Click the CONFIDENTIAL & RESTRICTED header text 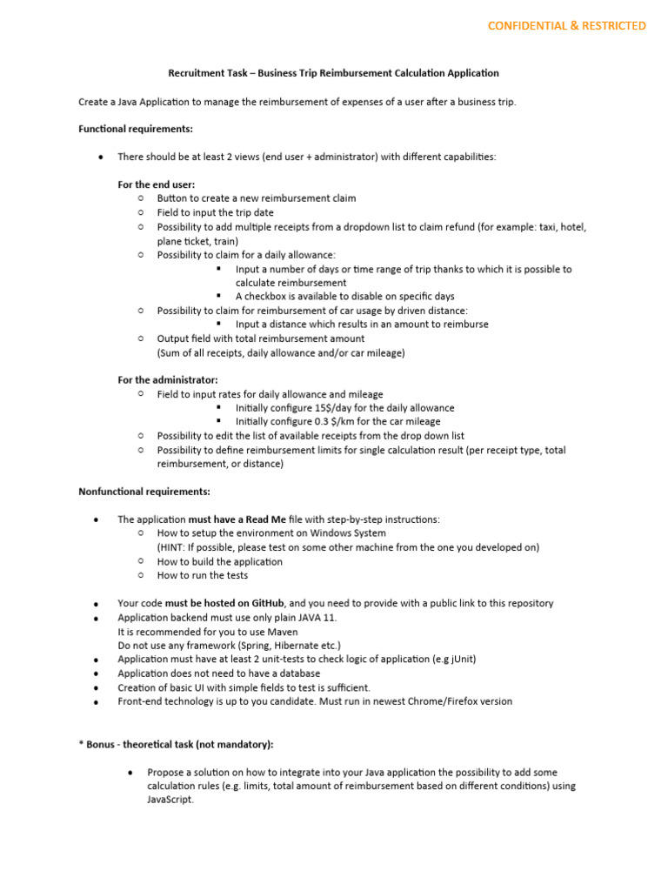[x=566, y=26]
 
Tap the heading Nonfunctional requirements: [x=144, y=492]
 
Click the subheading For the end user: [x=157, y=184]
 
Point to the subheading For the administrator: [x=168, y=380]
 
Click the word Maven [x=283, y=632]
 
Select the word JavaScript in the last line [x=170, y=801]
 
